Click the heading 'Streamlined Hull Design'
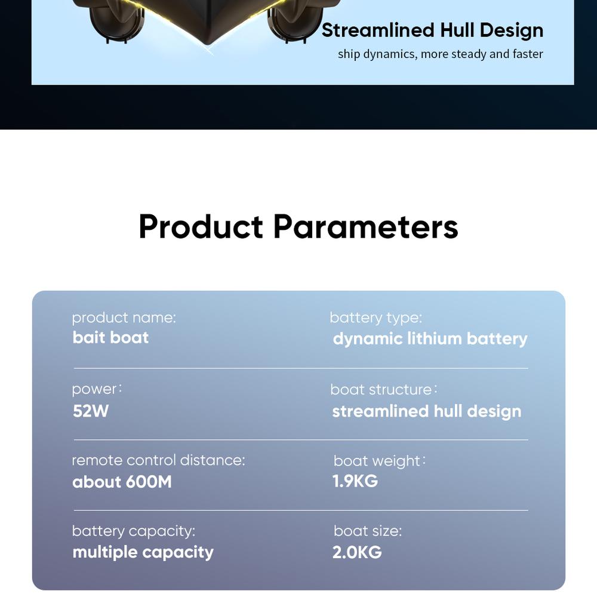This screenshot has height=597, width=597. tap(432, 30)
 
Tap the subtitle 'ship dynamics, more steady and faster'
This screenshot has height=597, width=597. tap(440, 54)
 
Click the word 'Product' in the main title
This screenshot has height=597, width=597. tap(201, 226)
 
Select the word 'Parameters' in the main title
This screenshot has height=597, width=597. tap(365, 226)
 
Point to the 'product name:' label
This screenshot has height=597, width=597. tap(124, 318)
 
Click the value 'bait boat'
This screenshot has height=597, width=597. tap(110, 338)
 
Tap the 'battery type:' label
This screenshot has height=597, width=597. tap(376, 318)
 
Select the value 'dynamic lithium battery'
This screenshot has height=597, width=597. tap(430, 339)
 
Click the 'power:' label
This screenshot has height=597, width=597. tap(97, 389)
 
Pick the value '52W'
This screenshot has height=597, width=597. tap(91, 411)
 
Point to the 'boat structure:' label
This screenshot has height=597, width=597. tap(384, 389)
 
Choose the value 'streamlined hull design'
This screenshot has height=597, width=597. tap(427, 411)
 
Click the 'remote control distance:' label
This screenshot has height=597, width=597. tap(158, 460)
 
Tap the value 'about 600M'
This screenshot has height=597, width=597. tap(122, 482)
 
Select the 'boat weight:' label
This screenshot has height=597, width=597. tap(380, 461)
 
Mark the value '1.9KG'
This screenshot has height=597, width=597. tap(355, 481)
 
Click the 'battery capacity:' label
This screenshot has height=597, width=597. tap(134, 531)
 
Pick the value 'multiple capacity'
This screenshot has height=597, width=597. tap(143, 553)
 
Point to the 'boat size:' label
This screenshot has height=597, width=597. tap(368, 531)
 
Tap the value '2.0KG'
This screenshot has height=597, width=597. tap(357, 552)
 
